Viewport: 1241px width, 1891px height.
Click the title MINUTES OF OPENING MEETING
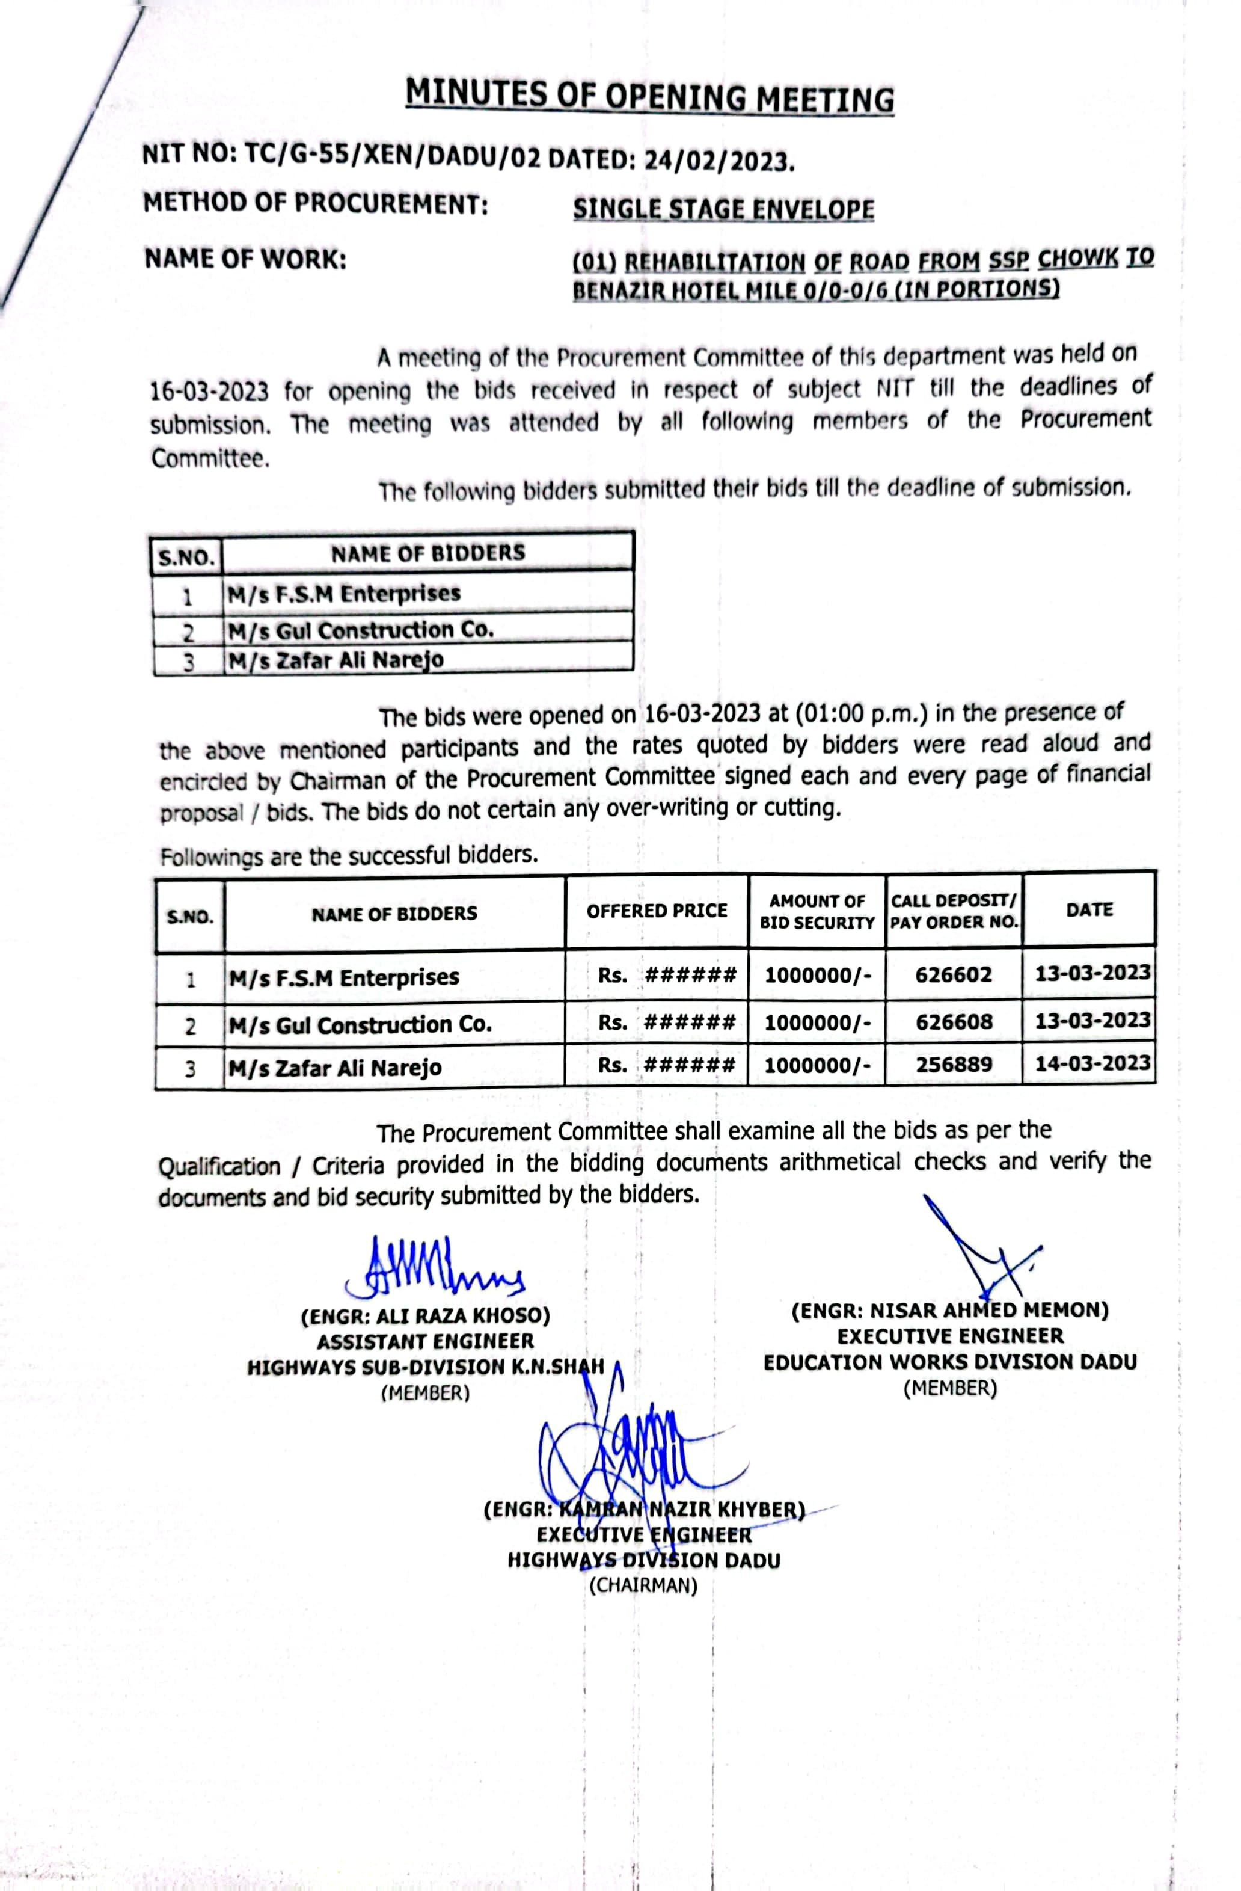tap(649, 97)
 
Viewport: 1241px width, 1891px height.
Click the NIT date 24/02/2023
tap(719, 161)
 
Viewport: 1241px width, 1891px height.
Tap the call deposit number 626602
tap(954, 974)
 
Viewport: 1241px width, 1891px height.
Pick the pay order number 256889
tap(954, 1064)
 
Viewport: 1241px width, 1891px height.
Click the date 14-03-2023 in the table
tap(1092, 1063)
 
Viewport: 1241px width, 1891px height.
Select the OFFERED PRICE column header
tap(656, 911)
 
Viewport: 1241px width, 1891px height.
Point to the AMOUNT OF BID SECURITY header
tap(817, 911)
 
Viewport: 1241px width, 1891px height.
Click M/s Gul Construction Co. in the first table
tap(361, 631)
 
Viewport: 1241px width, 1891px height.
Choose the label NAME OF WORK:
tap(245, 259)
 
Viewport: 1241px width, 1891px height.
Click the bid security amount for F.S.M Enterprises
tap(817, 975)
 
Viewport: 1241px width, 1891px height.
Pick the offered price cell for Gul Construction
tap(666, 1022)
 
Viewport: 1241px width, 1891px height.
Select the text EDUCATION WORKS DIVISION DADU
tap(949, 1362)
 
